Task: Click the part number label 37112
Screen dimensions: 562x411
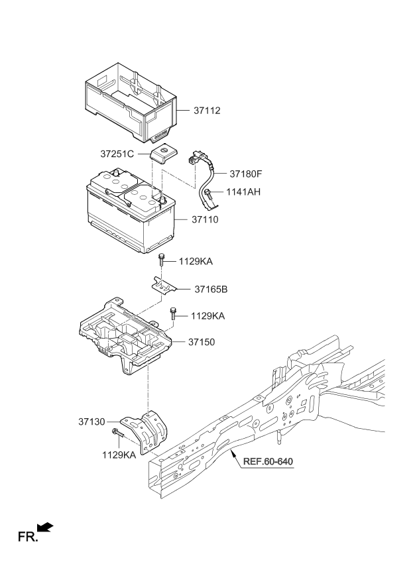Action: [207, 111]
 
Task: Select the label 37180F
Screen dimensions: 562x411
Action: [246, 175]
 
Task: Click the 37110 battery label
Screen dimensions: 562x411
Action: [206, 219]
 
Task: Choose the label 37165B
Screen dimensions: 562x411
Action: [210, 290]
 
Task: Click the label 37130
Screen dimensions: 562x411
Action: [92, 421]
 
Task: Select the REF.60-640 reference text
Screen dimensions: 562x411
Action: [267, 462]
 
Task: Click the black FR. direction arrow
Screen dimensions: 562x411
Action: [44, 526]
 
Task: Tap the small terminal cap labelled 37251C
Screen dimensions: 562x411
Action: [162, 154]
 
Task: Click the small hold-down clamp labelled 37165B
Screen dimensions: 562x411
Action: [163, 286]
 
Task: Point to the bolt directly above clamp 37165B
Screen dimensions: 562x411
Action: [161, 260]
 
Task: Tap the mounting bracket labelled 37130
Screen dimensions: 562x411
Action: [148, 431]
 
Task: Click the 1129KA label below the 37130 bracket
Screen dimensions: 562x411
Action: [119, 455]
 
